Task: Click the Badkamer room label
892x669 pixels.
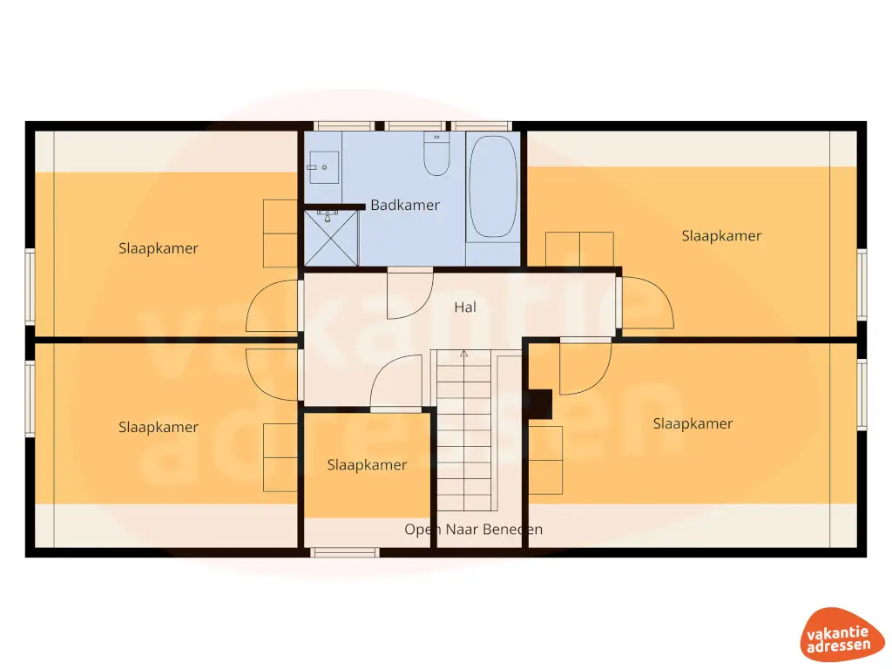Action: coord(405,206)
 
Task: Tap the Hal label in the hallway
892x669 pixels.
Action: coord(465,307)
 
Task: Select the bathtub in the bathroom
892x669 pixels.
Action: coord(492,186)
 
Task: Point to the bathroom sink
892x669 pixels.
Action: coord(323,166)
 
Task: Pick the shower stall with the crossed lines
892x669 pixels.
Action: coord(331,238)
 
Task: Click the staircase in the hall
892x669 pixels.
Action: coord(464,431)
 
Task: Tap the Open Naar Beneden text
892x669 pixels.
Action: coord(473,530)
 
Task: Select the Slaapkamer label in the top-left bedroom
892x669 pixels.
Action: coord(159,248)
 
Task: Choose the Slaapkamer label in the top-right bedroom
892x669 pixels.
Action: coord(721,236)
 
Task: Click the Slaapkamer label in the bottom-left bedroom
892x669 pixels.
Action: coord(159,428)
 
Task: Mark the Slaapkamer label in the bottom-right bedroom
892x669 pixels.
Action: coord(693,424)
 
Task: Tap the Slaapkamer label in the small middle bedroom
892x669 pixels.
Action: coord(367,465)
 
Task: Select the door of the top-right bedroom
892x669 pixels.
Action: coord(646,302)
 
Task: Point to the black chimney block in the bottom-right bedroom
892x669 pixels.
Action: coord(541,403)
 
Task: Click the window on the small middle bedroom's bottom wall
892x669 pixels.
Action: coord(346,551)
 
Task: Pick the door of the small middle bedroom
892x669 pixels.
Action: coord(396,383)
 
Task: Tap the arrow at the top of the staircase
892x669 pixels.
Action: coord(464,354)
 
